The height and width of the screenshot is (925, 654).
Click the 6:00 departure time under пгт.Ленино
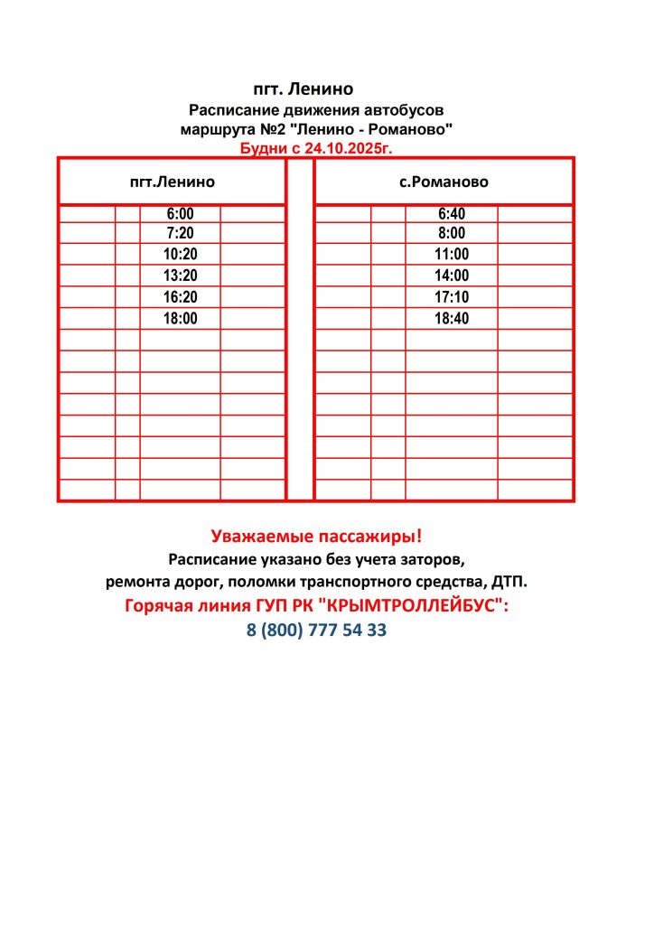(x=180, y=214)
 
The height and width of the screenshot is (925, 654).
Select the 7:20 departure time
(x=180, y=233)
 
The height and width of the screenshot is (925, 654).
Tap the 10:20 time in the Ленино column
(x=180, y=255)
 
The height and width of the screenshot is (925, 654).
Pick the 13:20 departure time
(x=180, y=276)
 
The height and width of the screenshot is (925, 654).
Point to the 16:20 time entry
(x=180, y=297)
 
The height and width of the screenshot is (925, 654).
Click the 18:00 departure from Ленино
(x=180, y=318)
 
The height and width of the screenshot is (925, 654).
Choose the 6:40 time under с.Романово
(x=452, y=214)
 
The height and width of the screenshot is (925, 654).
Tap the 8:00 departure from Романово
(x=452, y=233)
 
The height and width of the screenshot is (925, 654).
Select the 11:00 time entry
(x=452, y=255)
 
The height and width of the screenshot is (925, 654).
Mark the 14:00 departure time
(x=452, y=276)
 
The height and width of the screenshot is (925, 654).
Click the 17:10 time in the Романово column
(x=452, y=297)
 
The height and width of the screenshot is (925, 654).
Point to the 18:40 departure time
(x=452, y=318)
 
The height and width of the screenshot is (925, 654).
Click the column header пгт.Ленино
(x=173, y=182)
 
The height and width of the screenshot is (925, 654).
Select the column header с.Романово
(x=444, y=182)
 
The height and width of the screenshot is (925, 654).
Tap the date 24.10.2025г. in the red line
(x=348, y=147)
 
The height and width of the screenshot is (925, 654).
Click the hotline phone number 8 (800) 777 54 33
(x=316, y=631)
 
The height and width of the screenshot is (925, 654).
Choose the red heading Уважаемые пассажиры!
(x=316, y=536)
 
